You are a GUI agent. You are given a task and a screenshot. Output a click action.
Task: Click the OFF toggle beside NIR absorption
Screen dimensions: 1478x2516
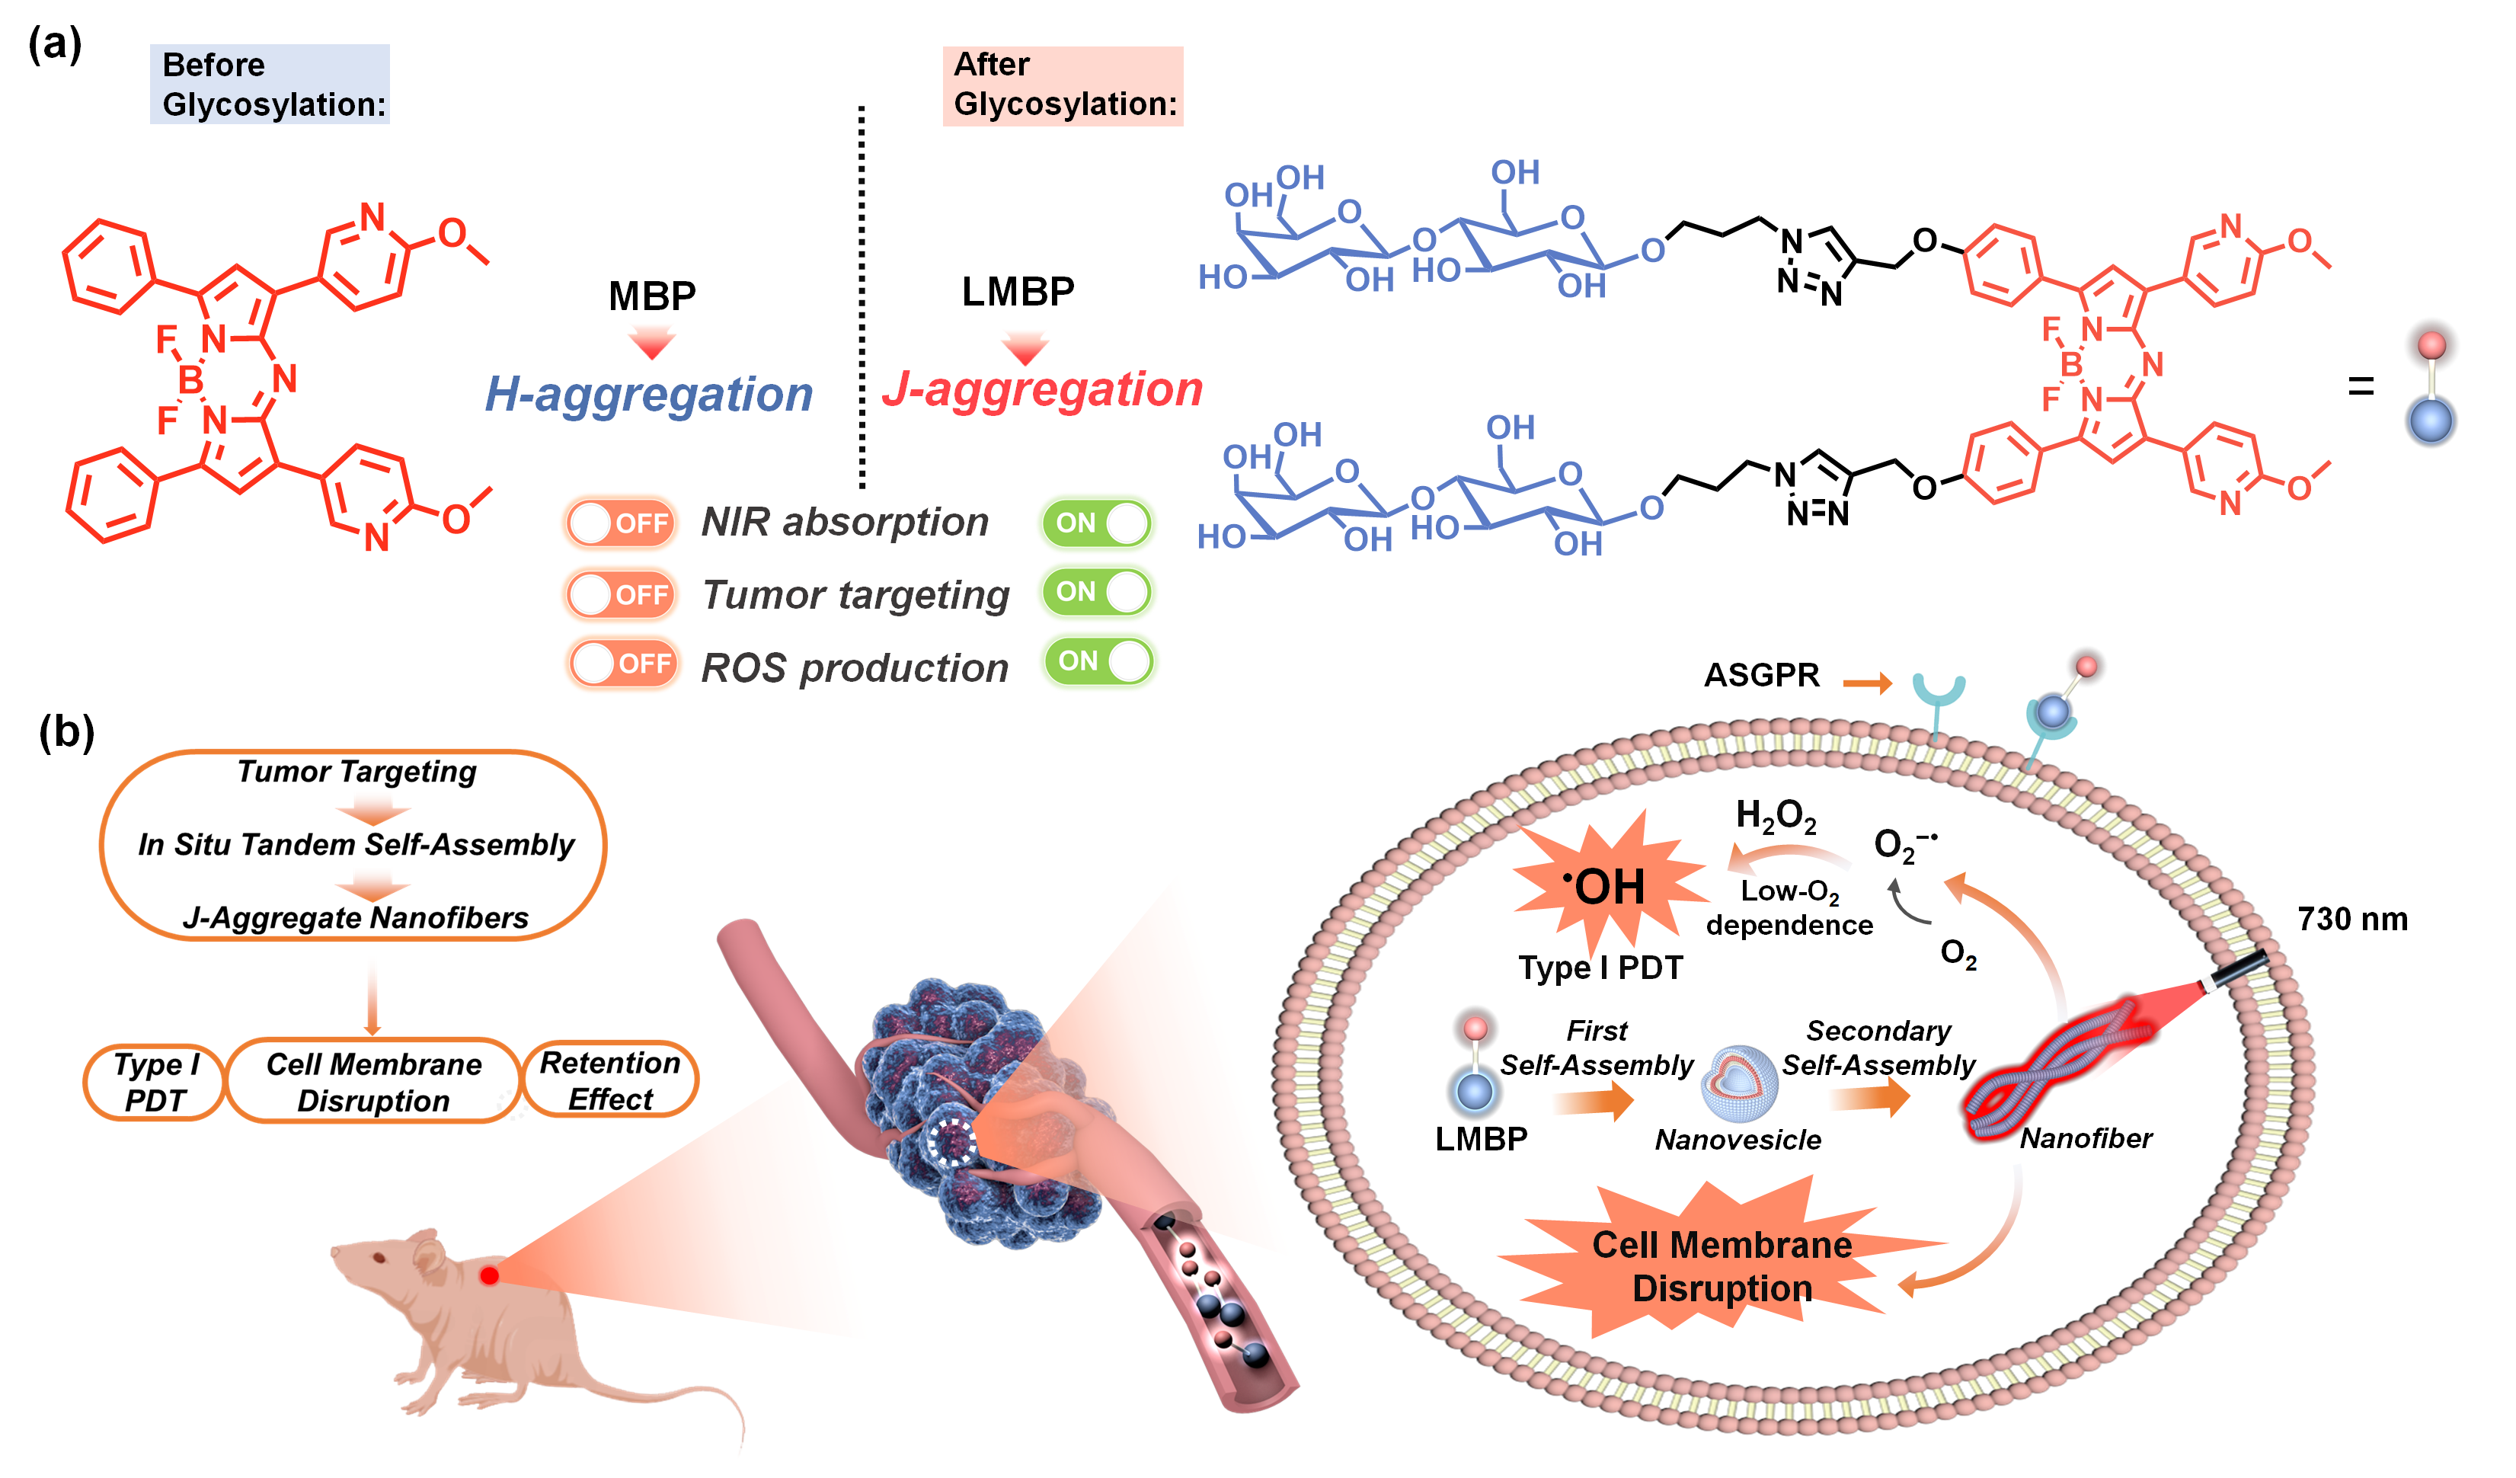point(621,523)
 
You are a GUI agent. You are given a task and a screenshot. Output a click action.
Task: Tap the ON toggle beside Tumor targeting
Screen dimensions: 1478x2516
point(1096,592)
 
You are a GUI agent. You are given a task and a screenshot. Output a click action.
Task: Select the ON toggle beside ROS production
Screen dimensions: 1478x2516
point(1098,661)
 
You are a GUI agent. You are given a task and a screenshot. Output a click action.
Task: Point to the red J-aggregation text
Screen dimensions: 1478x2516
point(1041,389)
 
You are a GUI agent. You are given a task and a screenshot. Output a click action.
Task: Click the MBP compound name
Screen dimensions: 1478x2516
point(652,296)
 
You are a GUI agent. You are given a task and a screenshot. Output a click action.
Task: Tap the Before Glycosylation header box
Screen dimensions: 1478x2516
point(270,85)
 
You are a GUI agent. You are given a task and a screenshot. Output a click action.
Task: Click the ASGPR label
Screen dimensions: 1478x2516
point(1761,675)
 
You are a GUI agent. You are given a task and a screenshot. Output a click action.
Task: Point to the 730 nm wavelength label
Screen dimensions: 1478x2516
point(2351,919)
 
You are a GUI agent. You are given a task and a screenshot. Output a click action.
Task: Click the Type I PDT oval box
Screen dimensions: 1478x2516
point(155,1083)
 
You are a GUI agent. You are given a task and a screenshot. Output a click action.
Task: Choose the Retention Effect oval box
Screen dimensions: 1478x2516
point(610,1080)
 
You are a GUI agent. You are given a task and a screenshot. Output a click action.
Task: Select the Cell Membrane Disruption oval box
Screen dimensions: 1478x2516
point(373,1083)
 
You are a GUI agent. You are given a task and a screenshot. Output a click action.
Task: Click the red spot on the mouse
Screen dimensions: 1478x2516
point(489,1275)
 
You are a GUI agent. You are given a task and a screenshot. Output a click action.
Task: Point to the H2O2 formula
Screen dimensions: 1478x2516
point(1775,817)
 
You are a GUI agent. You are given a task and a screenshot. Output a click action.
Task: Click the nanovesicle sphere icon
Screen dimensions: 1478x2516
point(1739,1083)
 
